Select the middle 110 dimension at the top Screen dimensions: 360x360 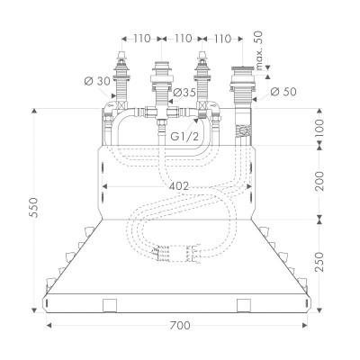184,40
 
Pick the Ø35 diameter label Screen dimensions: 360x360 185,94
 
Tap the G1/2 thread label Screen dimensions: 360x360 185,136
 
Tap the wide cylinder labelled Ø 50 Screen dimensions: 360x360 243,85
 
